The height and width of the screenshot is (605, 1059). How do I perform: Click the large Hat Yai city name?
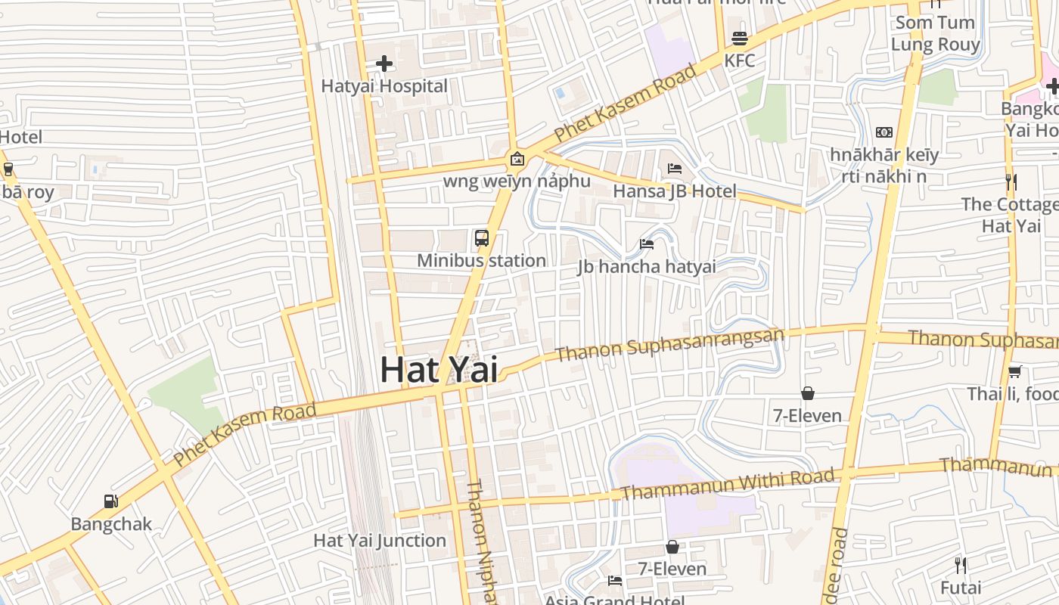439,370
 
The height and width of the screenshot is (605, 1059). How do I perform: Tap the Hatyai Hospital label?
384,86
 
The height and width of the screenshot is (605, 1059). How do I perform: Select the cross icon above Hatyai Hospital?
384,64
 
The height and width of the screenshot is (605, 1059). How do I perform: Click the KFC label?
739,60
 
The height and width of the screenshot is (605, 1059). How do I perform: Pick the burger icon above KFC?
739,39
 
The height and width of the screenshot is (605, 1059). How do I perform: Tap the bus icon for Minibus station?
482,238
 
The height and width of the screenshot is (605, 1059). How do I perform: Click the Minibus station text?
482,261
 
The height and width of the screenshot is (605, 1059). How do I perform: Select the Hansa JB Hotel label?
674,191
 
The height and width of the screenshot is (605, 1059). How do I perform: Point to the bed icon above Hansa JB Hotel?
674,168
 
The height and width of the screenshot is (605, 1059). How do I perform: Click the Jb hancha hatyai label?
647,266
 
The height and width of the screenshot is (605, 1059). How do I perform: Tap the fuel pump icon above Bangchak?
111,501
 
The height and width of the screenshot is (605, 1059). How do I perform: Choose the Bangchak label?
111,524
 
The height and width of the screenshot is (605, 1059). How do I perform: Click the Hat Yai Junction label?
380,541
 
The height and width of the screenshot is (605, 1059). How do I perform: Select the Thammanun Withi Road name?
728,484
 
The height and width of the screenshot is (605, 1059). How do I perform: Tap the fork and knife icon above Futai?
961,565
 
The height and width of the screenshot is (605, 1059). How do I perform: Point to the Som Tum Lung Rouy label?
935,33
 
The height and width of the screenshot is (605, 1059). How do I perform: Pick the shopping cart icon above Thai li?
1014,371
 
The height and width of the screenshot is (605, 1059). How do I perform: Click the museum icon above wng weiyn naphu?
517,159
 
